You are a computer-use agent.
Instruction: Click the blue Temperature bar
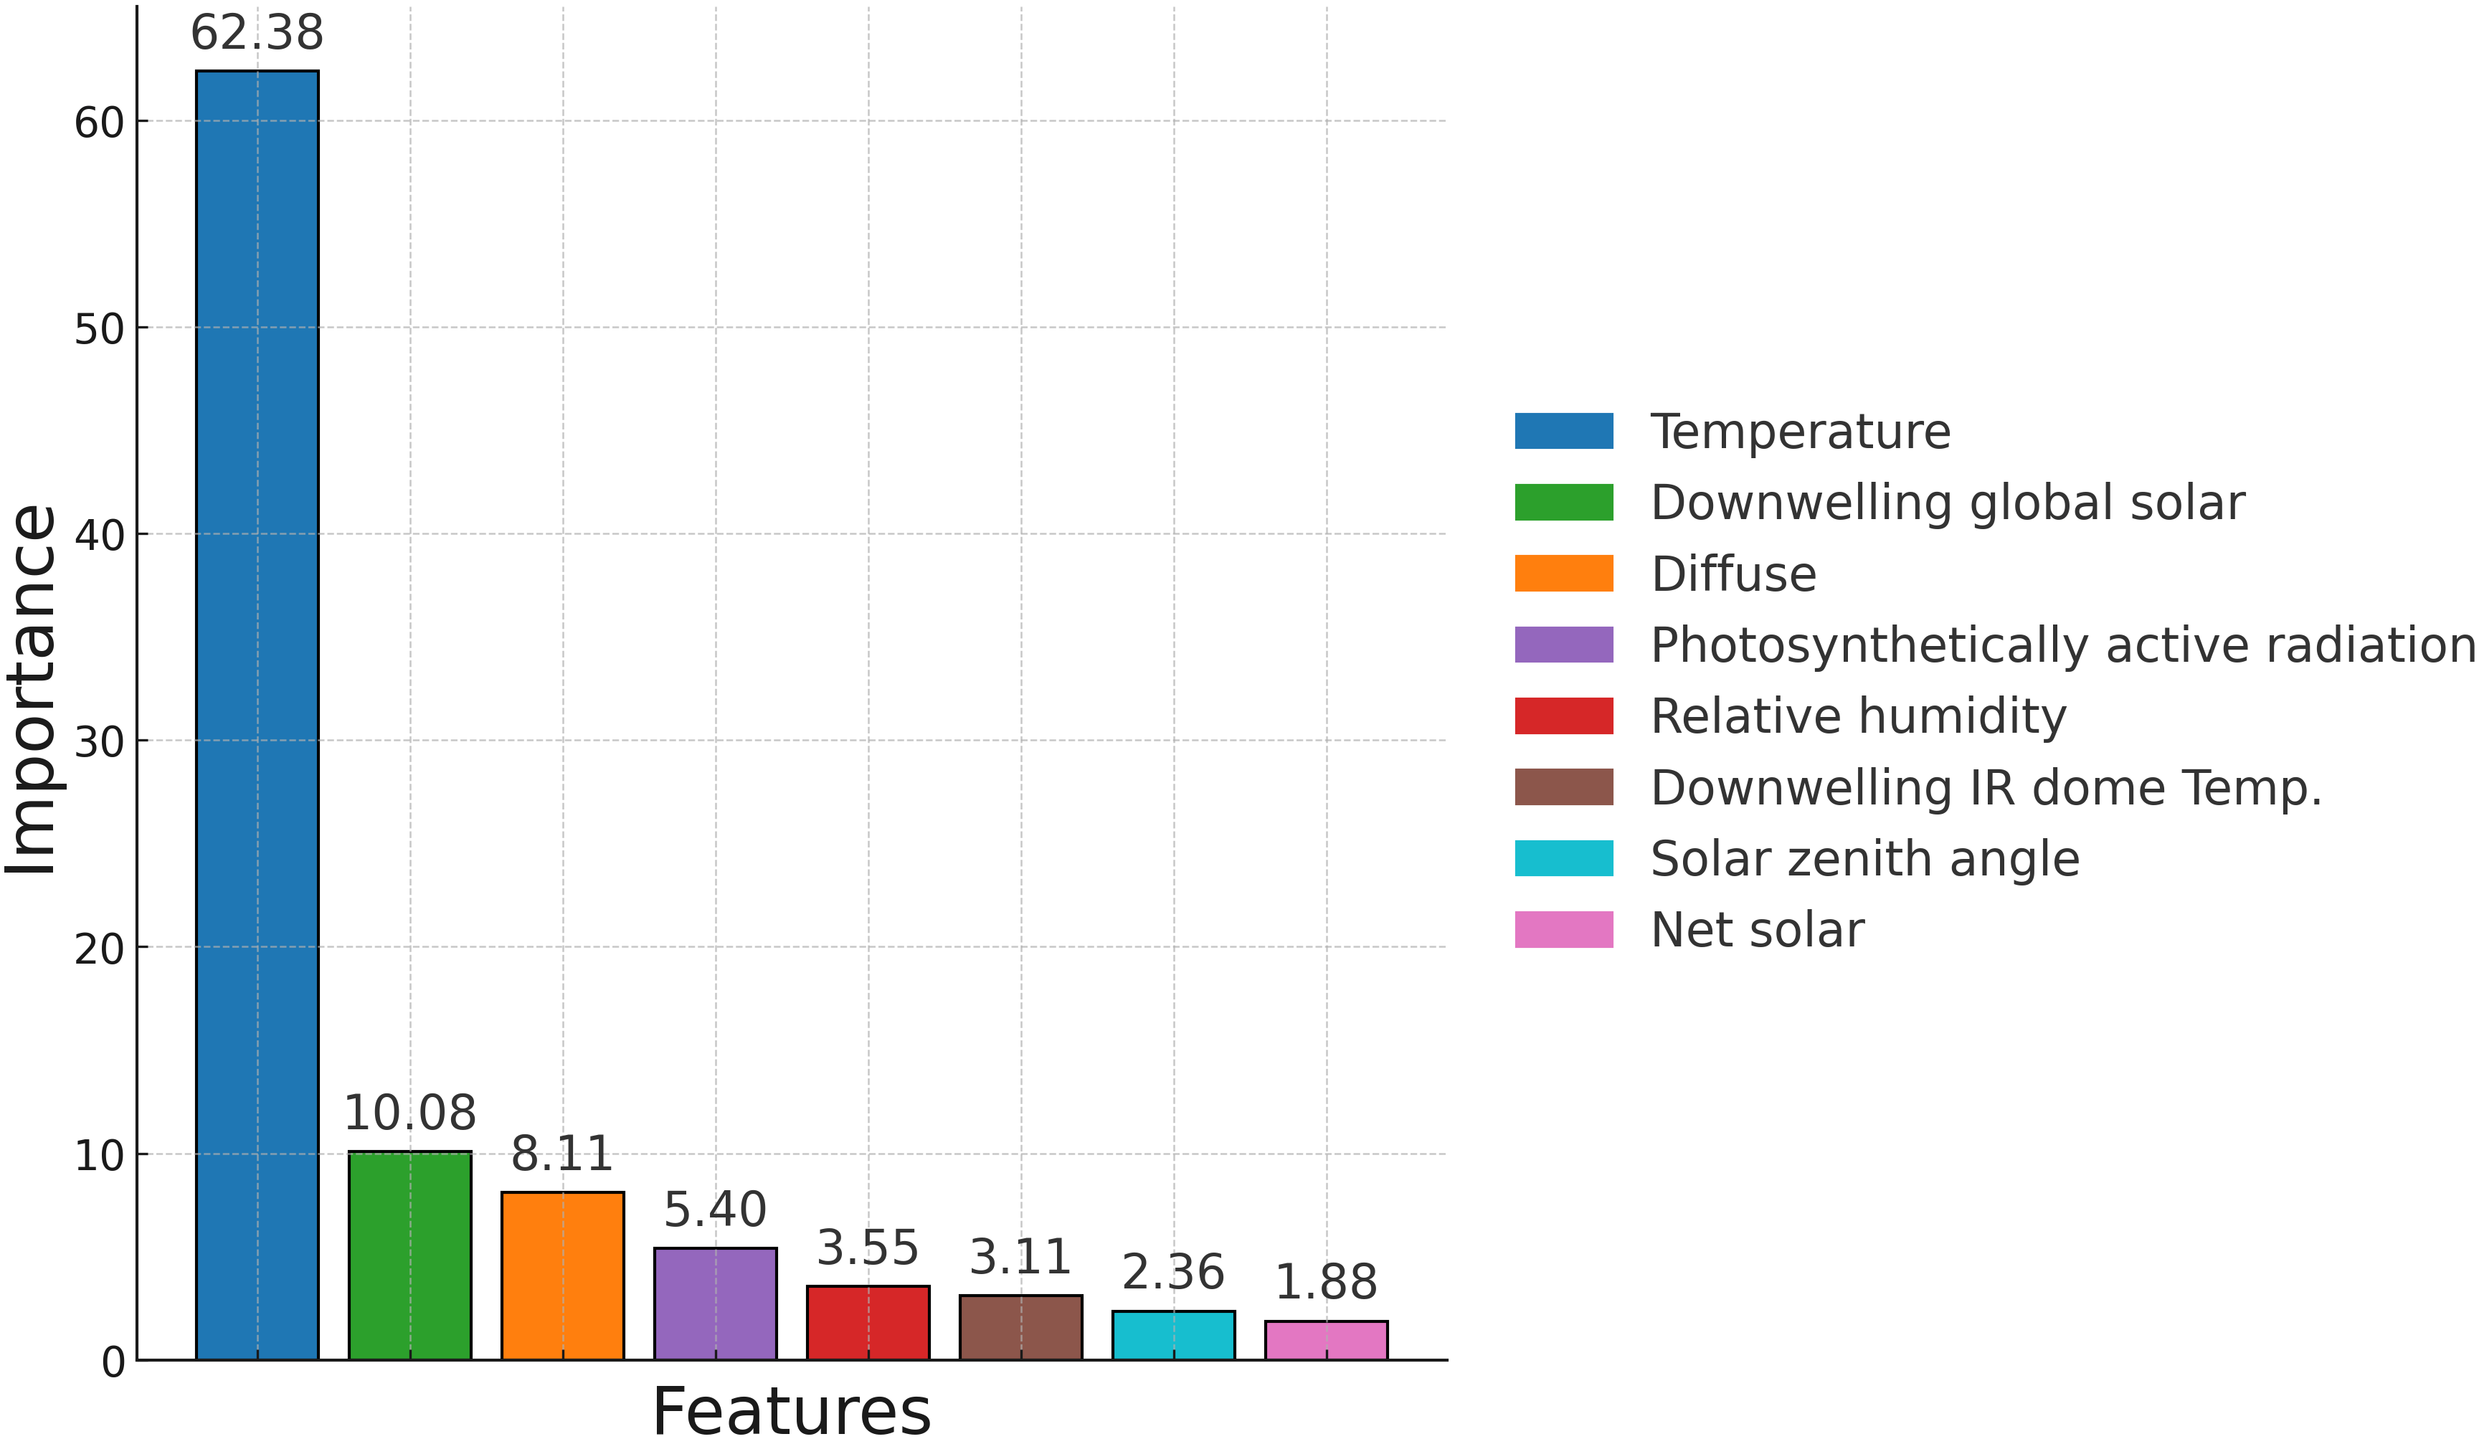click(257, 715)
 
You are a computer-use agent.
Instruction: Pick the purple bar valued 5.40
click(715, 1303)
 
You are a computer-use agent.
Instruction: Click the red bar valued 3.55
click(868, 1322)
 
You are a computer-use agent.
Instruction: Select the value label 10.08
click(409, 1113)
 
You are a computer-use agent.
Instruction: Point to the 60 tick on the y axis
click(100, 123)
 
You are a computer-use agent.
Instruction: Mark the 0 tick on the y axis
click(113, 1362)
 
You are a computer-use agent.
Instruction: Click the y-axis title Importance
click(32, 688)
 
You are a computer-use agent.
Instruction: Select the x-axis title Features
click(791, 1412)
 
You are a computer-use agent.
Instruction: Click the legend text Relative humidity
click(1857, 716)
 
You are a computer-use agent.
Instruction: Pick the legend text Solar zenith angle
click(1864, 859)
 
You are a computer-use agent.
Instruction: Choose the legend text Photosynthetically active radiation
click(2062, 645)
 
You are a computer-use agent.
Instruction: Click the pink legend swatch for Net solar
click(1563, 929)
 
